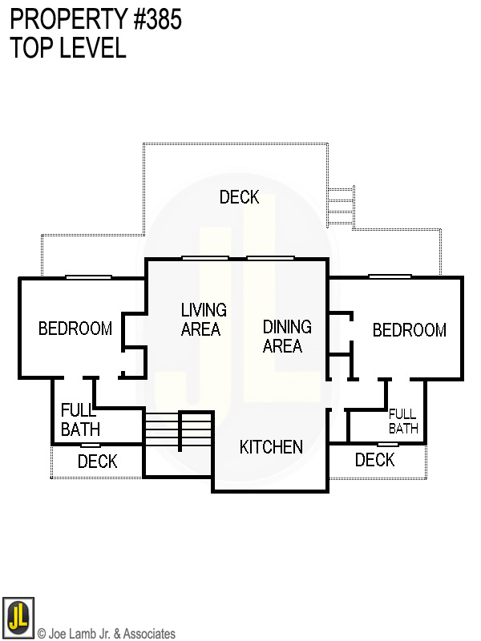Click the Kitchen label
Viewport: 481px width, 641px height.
271,447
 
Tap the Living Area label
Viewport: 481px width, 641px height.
204,320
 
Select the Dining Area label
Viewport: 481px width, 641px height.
287,337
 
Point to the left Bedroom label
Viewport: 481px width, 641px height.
75,329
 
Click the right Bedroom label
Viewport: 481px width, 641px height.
410,330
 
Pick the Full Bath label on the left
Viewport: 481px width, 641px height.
81,420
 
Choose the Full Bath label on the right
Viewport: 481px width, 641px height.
403,421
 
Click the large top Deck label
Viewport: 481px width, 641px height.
239,197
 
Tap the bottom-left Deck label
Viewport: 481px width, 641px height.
97,462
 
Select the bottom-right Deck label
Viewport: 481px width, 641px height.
374,460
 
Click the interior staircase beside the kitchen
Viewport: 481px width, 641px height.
179,432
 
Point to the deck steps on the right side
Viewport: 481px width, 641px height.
341,207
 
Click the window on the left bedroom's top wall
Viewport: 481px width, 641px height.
88,277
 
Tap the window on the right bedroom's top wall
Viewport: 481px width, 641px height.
390,276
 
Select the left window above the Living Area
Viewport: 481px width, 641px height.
205,258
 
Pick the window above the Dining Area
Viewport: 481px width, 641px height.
271,258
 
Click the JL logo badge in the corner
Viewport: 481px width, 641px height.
18,617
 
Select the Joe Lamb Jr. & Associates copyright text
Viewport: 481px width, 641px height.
107,634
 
